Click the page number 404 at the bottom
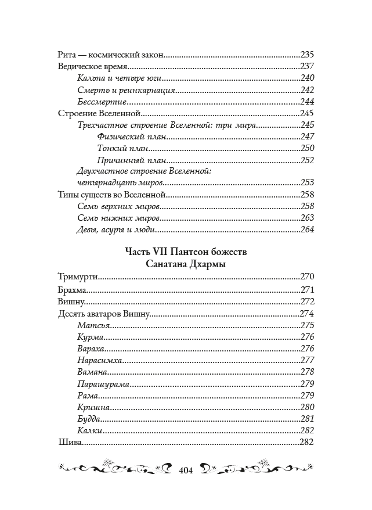(x=185, y=469)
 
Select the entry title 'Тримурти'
(x=77, y=276)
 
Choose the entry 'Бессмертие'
(x=95, y=102)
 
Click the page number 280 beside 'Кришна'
(x=306, y=407)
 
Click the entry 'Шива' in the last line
(x=69, y=443)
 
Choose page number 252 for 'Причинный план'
(x=306, y=160)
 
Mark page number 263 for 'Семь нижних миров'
(x=306, y=218)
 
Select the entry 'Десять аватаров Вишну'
(x=104, y=314)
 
